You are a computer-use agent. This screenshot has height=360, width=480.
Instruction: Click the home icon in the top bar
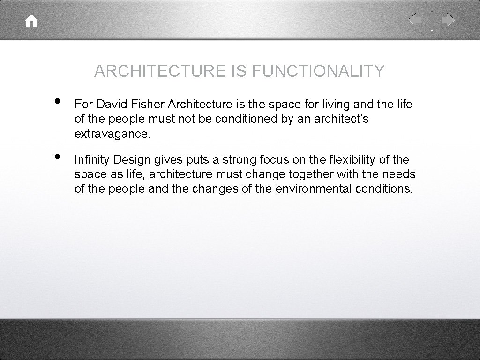coord(31,21)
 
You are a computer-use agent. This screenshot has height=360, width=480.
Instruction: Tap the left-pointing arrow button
coord(415,20)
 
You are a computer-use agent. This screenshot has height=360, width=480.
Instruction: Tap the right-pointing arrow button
coord(448,20)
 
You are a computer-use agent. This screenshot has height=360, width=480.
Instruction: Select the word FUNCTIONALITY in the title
coord(319,71)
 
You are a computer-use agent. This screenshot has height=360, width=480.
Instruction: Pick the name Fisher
coord(136,104)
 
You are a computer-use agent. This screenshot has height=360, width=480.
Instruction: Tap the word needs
coord(400,174)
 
